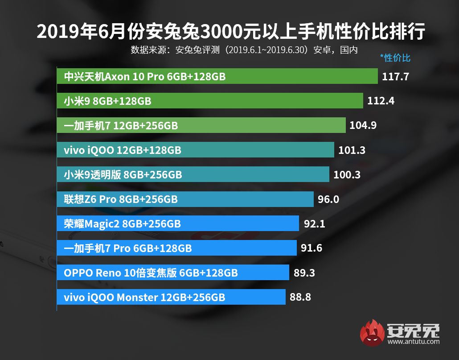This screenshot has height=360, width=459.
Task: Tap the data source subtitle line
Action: point(244,50)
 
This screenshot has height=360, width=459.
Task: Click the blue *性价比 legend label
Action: point(395,58)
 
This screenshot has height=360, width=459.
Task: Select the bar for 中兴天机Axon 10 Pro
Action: point(217,77)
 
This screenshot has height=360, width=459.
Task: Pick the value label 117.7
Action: point(395,77)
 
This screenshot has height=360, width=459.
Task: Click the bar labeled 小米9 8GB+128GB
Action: point(210,101)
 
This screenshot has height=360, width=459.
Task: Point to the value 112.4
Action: point(381,101)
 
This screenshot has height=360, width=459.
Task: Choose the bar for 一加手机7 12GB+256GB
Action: point(201,126)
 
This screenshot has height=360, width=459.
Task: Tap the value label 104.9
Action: point(363,125)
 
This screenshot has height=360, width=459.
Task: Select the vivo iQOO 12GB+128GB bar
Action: point(195,150)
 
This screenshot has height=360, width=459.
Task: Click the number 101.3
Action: point(352,150)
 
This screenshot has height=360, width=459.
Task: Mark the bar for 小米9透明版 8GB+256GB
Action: point(193,174)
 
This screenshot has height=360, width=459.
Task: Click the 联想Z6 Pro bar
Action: point(185,199)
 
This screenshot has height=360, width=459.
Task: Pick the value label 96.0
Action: point(328,199)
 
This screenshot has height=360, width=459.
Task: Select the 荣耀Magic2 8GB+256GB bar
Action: point(178,223)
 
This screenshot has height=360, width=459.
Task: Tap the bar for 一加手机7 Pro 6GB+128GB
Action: point(176,248)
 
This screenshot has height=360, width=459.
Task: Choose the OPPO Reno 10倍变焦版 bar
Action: point(173,273)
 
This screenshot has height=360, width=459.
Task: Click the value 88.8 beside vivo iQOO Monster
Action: point(300,297)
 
